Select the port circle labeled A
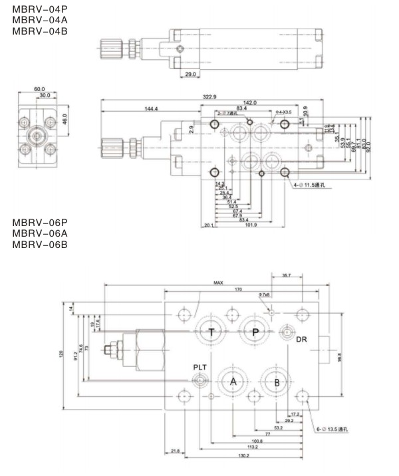tap(233, 381)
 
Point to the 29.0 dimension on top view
tap(191, 74)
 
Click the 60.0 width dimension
tap(39, 88)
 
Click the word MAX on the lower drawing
tap(217, 283)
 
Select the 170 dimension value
tap(237, 289)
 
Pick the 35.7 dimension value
tap(287, 275)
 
